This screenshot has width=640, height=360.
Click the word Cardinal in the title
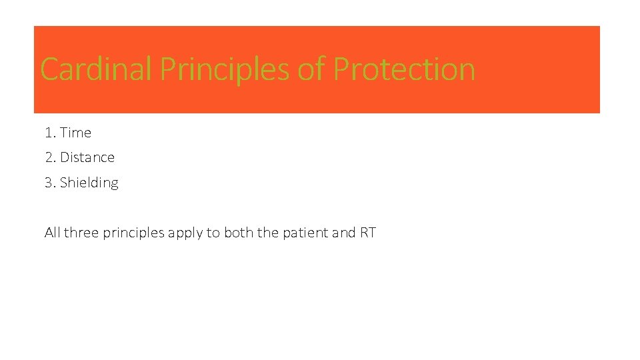(96, 69)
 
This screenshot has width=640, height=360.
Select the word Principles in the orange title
(224, 69)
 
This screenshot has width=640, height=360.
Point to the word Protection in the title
(404, 69)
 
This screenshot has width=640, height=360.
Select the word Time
(75, 133)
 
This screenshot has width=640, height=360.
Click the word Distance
(87, 157)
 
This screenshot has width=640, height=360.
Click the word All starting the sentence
(52, 233)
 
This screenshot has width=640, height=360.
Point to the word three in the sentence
(81, 233)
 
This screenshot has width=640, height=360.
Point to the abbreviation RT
(368, 233)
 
